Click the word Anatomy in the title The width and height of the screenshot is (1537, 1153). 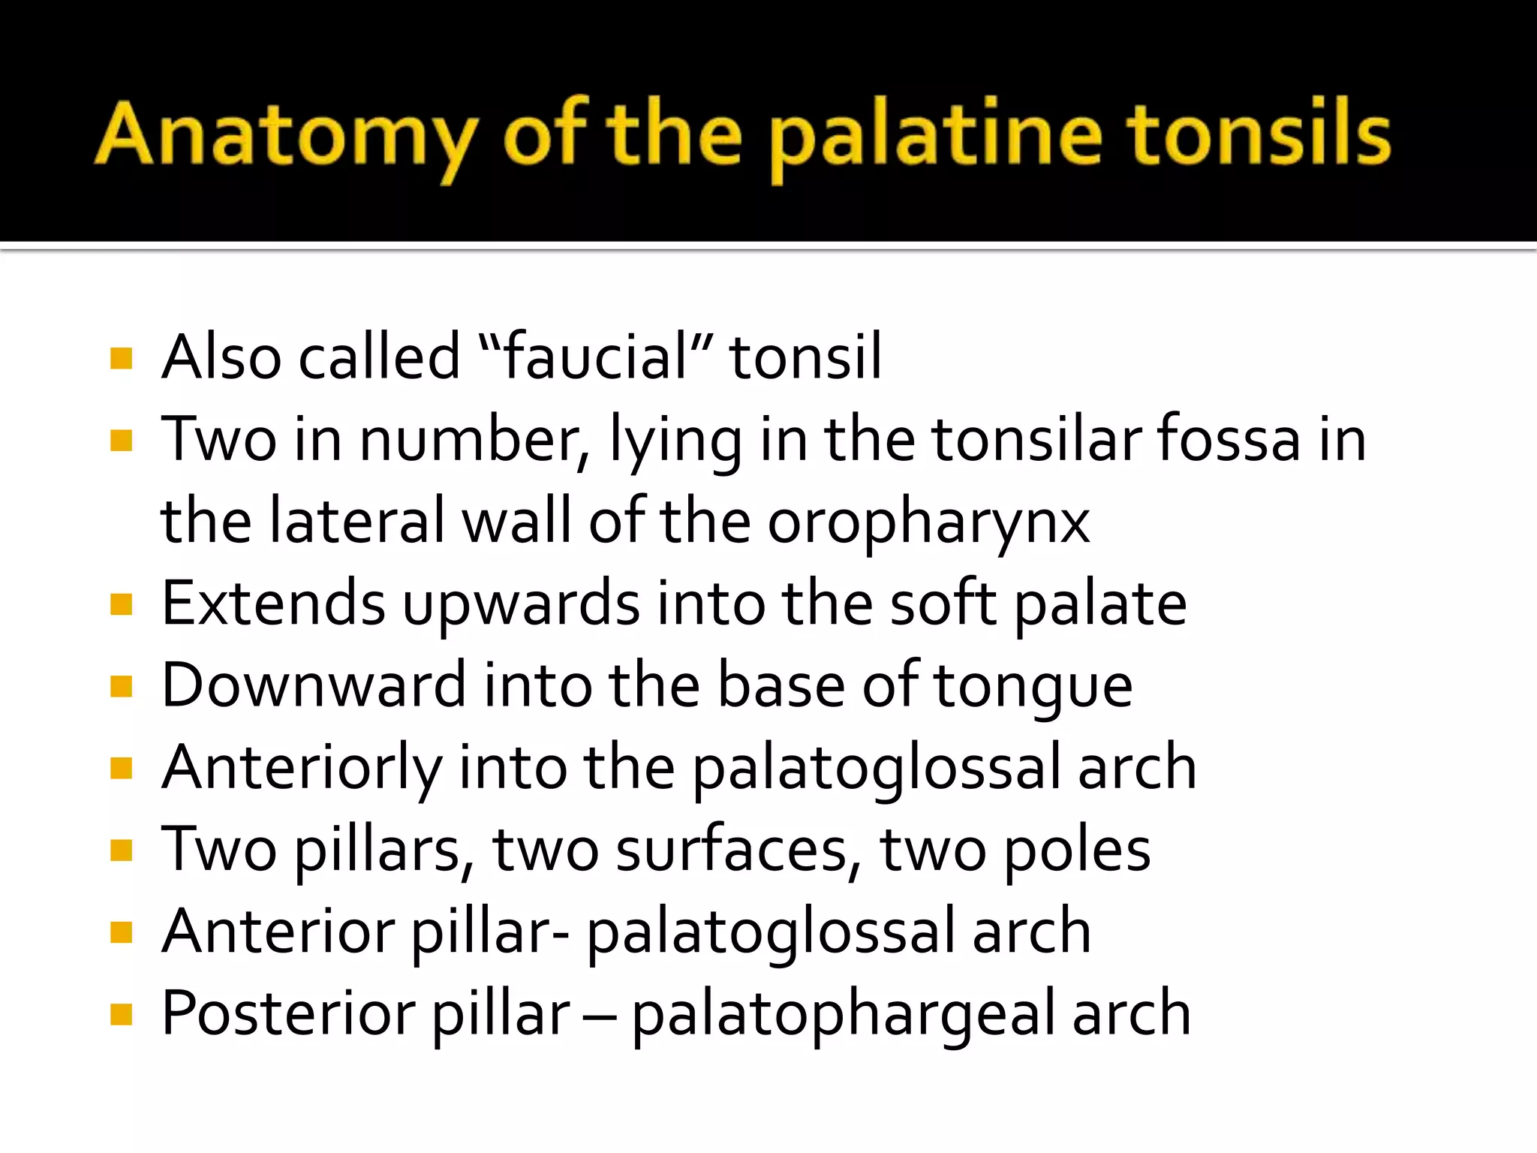[285, 135]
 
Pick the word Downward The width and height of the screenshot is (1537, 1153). [314, 685]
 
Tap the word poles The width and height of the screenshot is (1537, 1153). [1077, 850]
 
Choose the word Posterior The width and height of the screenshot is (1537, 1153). [288, 1013]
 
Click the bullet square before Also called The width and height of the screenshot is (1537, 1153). [121, 358]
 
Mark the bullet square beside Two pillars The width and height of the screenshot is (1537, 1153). [121, 851]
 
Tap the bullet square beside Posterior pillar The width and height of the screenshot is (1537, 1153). [121, 1015]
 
